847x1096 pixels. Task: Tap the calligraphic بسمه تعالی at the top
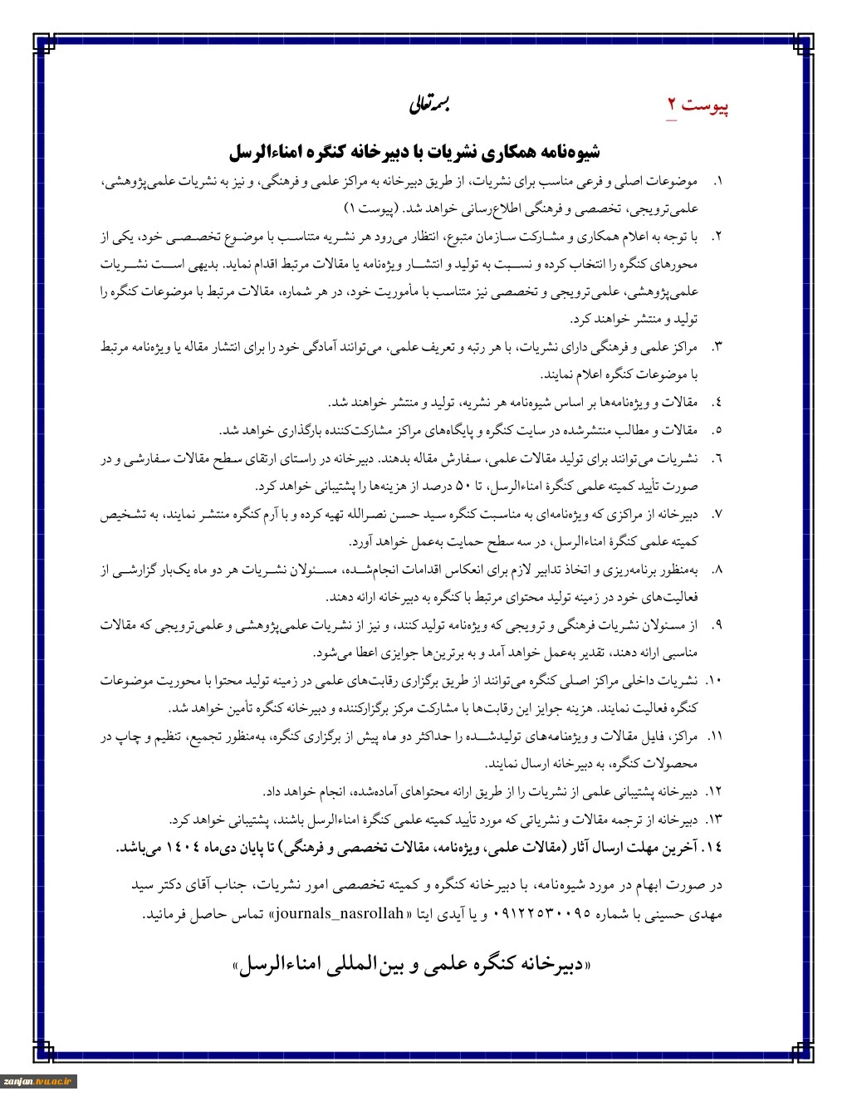(428, 105)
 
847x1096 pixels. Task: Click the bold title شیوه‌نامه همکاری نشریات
(415, 153)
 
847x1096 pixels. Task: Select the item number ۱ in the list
(718, 181)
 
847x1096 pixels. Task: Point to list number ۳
(717, 346)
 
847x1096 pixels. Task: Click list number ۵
(717, 430)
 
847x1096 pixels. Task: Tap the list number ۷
(717, 514)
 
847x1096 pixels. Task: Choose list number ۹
(717, 624)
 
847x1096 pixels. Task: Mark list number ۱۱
(715, 736)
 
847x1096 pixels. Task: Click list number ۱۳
(715, 820)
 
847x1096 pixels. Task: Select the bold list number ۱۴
(712, 848)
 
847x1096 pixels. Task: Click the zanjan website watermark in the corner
(39, 1081)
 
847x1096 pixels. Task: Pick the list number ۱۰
(715, 680)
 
